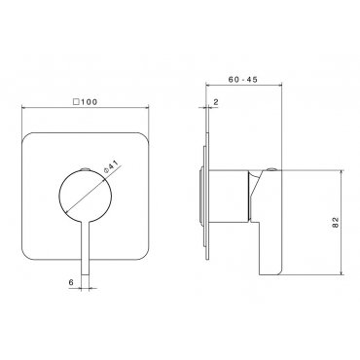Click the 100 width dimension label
pyautogui.click(x=89, y=102)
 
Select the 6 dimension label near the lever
pyautogui.click(x=71, y=282)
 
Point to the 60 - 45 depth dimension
pyautogui.click(x=243, y=80)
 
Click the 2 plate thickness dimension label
pyautogui.click(x=216, y=102)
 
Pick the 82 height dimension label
pyautogui.click(x=336, y=222)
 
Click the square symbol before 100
pyautogui.click(x=77, y=102)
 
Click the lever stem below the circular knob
pyautogui.click(x=85, y=248)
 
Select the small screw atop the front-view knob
pyautogui.click(x=85, y=168)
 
